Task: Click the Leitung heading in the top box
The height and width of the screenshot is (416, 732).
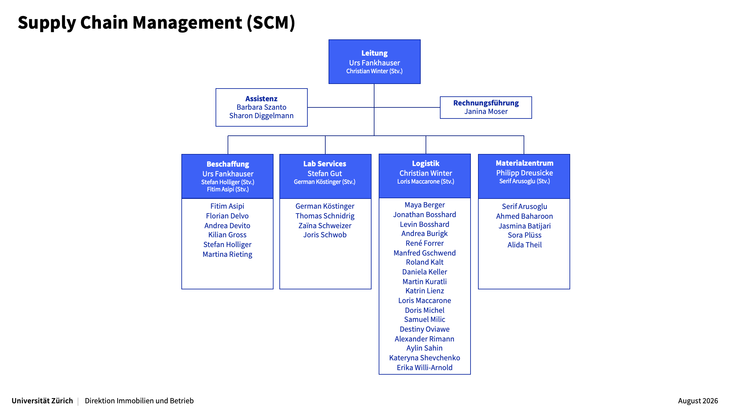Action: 374,53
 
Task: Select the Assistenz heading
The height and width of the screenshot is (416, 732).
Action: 261,99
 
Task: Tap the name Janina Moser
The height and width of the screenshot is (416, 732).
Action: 486,112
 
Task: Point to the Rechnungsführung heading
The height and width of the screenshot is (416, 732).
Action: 486,103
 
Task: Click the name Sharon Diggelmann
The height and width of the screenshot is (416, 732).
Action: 261,116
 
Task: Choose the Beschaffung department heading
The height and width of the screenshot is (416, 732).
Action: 228,164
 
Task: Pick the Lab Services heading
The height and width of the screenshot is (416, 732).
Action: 325,164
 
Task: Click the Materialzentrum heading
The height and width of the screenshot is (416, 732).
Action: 525,163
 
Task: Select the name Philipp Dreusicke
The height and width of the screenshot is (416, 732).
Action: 525,173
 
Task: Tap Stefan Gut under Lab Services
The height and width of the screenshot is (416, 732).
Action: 325,173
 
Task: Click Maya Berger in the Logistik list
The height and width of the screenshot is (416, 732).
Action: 425,205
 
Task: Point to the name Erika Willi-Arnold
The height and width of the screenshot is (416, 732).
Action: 425,367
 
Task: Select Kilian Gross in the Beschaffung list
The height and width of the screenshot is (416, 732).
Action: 227,235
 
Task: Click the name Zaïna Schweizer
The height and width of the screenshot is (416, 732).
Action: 325,226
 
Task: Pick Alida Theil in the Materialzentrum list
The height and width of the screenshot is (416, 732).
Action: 525,245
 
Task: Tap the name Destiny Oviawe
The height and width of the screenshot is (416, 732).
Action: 425,329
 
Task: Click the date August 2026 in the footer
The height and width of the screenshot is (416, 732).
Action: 698,401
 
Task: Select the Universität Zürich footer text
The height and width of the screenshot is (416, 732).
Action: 42,401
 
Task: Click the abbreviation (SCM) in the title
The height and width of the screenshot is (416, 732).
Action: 271,23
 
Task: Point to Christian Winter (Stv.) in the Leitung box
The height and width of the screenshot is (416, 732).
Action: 374,71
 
